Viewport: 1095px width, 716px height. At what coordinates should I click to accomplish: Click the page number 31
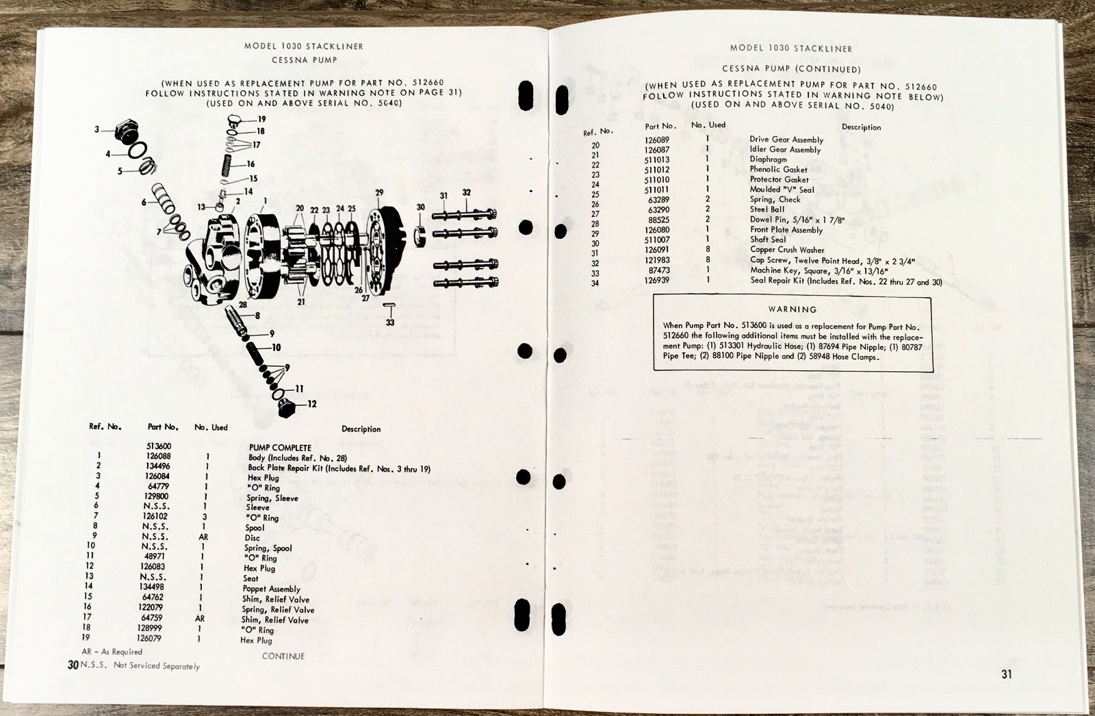click(1006, 674)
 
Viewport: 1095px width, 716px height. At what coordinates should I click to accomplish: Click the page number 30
click(73, 665)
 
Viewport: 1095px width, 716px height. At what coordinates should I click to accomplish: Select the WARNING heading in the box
click(792, 309)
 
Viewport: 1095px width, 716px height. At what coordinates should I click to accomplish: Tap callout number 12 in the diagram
click(312, 404)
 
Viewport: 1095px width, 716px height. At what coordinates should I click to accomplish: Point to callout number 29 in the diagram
click(379, 192)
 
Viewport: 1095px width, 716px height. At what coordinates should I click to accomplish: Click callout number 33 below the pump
click(390, 322)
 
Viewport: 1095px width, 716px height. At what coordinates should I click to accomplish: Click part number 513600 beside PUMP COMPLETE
click(159, 446)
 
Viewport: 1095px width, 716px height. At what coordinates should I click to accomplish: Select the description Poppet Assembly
click(271, 589)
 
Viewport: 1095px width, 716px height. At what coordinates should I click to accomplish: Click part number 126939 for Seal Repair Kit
click(658, 280)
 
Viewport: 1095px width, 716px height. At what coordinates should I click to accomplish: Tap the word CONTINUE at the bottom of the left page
click(283, 656)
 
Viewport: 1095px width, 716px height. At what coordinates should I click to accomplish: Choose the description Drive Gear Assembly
click(786, 140)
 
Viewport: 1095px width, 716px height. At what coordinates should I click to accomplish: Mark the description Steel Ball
click(767, 209)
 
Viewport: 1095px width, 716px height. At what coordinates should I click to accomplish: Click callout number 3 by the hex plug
click(97, 129)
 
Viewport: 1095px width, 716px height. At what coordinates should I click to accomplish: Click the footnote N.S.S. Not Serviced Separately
click(140, 665)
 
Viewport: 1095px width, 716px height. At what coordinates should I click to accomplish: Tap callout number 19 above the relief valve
click(261, 119)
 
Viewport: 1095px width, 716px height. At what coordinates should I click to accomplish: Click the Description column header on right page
click(861, 127)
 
